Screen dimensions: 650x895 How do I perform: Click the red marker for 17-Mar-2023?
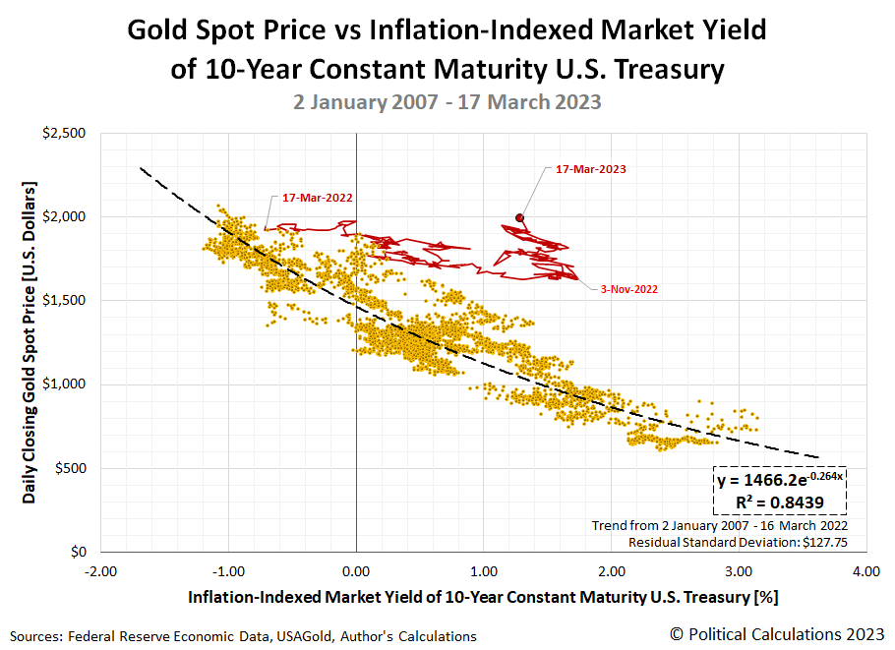pos(519,218)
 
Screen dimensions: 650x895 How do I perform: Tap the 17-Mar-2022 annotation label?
pos(318,198)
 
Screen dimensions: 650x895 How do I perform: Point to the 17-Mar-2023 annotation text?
pos(591,169)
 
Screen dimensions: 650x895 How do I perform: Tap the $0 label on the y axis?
pos(79,553)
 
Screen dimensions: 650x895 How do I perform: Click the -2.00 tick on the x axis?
pos(100,570)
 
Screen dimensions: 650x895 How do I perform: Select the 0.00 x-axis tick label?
pos(356,570)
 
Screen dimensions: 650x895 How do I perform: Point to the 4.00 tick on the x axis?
pos(865,570)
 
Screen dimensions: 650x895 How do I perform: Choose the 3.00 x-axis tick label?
pos(738,570)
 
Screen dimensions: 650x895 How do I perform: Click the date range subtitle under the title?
pos(447,101)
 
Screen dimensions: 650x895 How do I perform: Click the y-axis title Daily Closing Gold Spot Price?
pos(30,341)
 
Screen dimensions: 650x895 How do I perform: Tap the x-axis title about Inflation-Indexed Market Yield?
pos(483,597)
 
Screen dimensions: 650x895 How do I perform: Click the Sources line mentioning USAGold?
pos(245,636)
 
